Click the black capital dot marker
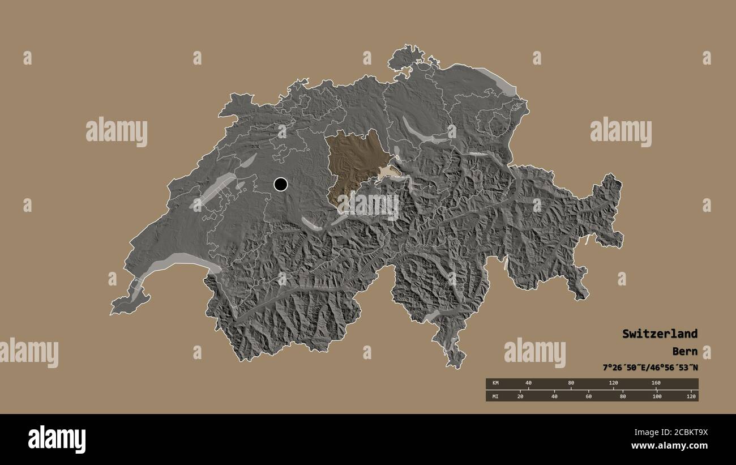coord(280,184)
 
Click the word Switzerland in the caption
coord(660,334)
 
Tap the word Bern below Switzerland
coord(684,351)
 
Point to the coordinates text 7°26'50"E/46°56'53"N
coord(650,368)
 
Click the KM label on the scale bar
coord(496,383)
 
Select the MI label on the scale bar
coord(496,396)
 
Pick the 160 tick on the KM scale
coord(656,383)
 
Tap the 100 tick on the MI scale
coord(657,396)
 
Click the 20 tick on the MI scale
coord(520,396)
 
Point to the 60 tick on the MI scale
coord(588,396)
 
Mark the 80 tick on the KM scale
coord(571,383)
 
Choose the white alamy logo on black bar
coord(57,439)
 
